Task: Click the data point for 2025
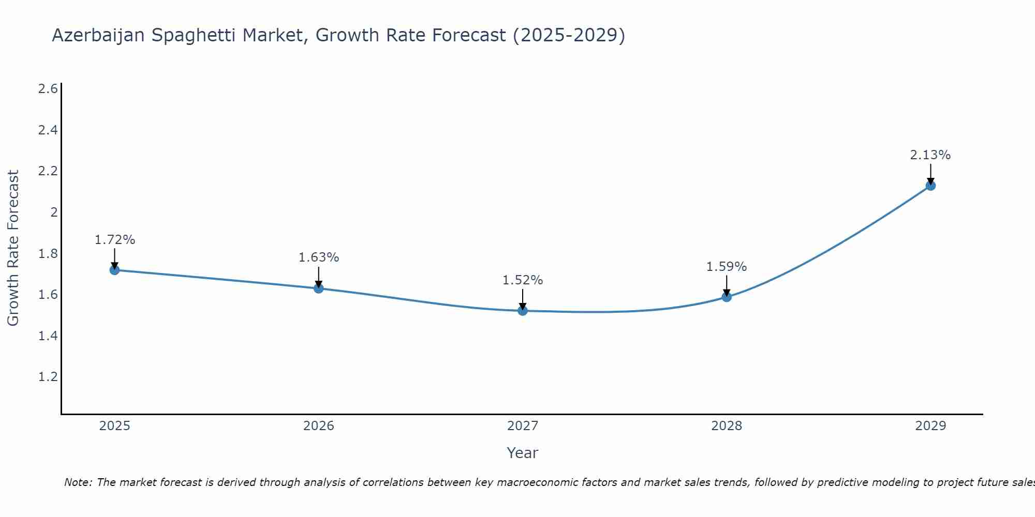pyautogui.click(x=114, y=270)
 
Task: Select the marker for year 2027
pyautogui.click(x=523, y=311)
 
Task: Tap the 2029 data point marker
pyautogui.click(x=930, y=186)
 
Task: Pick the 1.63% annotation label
pyautogui.click(x=319, y=257)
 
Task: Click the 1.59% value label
pyautogui.click(x=727, y=267)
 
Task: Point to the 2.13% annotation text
pyautogui.click(x=930, y=155)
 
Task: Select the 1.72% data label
pyautogui.click(x=115, y=240)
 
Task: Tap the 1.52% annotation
pyautogui.click(x=523, y=280)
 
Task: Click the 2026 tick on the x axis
pyautogui.click(x=319, y=426)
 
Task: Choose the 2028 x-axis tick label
pyautogui.click(x=727, y=426)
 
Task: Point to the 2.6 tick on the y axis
pyautogui.click(x=48, y=89)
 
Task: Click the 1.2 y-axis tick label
pyautogui.click(x=48, y=377)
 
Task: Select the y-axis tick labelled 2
pyautogui.click(x=54, y=212)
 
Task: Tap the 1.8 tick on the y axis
pyautogui.click(x=48, y=253)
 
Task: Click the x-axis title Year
pyautogui.click(x=523, y=453)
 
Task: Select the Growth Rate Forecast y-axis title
pyautogui.click(x=13, y=248)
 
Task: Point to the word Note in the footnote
pyautogui.click(x=78, y=483)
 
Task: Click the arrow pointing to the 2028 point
pyautogui.click(x=727, y=285)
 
